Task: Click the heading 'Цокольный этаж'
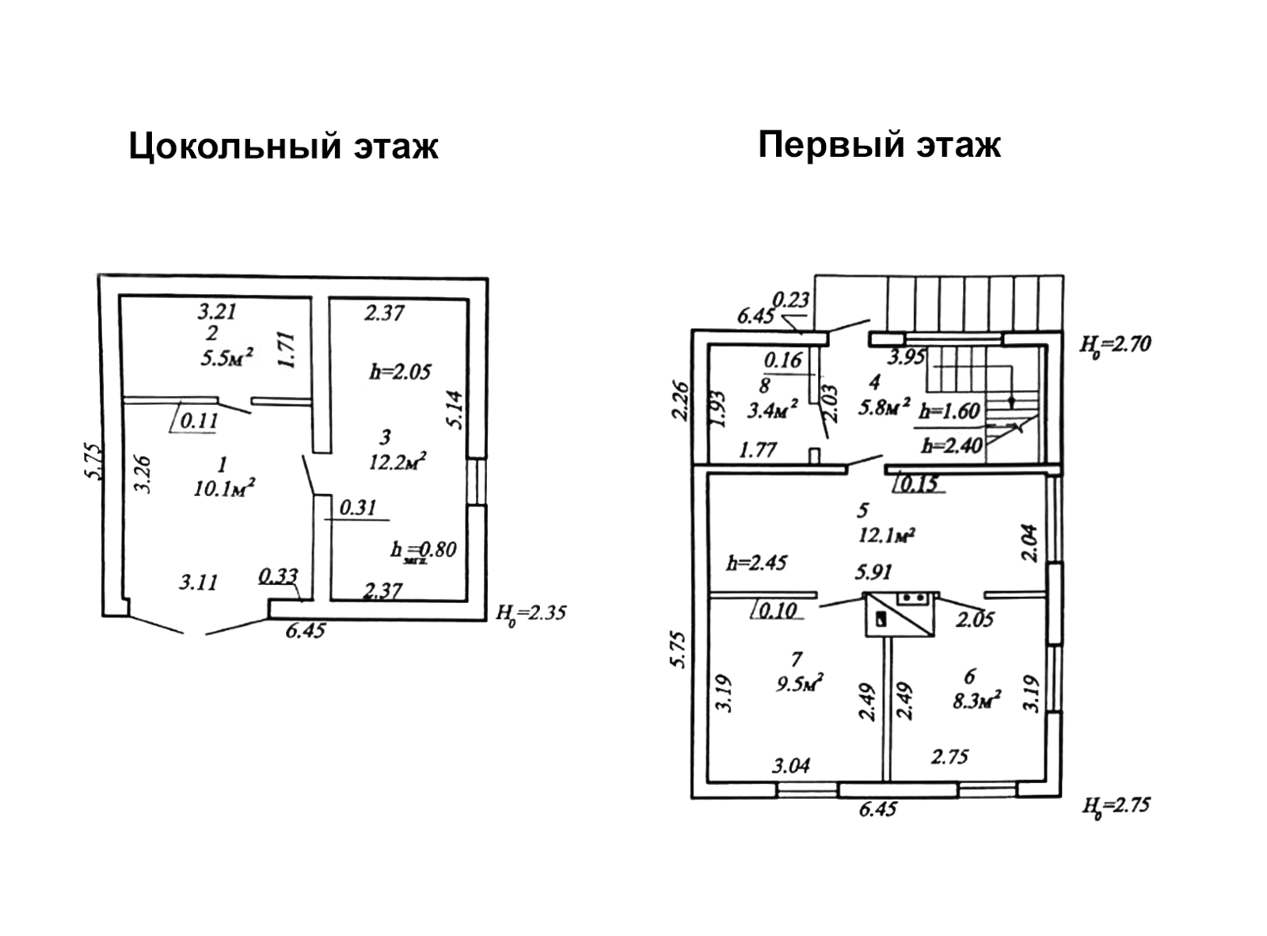tap(283, 147)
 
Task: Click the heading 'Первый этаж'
tap(879, 145)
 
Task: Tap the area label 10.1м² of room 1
tap(223, 489)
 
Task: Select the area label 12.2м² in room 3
tap(398, 461)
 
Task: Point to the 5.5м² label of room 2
tap(226, 358)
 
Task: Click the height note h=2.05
tap(401, 371)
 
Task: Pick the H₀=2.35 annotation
tap(531, 613)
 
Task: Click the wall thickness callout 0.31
tap(358, 507)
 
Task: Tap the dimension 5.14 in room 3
tap(455, 411)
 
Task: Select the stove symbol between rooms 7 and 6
tap(900, 614)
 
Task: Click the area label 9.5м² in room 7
tap(800, 682)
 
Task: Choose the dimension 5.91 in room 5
tap(873, 571)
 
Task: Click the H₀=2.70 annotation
tap(1115, 345)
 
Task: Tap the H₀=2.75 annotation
tap(1115, 806)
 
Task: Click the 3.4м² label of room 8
tap(772, 411)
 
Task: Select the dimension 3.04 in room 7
tap(791, 766)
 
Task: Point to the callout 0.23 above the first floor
tap(790, 300)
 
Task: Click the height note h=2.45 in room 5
tap(756, 563)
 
